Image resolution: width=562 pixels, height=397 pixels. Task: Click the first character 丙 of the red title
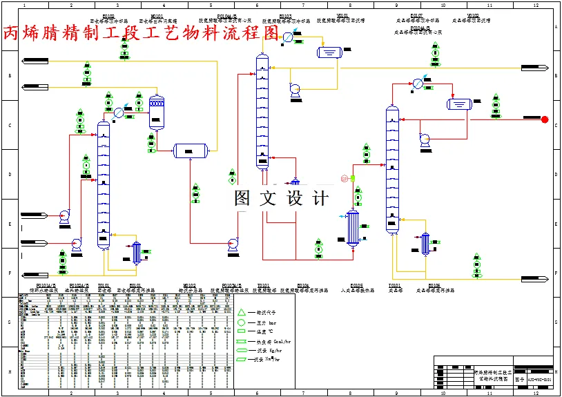tap(12, 33)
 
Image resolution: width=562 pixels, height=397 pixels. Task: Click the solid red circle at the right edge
tap(545, 119)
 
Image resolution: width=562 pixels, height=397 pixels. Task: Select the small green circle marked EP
tap(353, 178)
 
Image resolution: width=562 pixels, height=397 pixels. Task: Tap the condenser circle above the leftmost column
tap(119, 112)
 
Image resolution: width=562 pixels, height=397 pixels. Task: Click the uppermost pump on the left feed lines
tap(64, 215)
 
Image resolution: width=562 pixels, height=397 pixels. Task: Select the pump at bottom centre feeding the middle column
tap(233, 243)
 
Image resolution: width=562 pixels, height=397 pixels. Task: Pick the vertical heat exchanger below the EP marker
tap(353, 226)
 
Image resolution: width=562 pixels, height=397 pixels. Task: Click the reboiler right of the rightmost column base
tap(425, 243)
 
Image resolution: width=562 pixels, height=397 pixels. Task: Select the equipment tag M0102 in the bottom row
tap(187, 284)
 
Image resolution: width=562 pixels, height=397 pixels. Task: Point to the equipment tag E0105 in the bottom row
tap(356, 284)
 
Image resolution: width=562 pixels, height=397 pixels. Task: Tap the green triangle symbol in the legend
tap(242, 312)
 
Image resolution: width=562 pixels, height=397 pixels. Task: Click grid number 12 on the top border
tap(536, 5)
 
